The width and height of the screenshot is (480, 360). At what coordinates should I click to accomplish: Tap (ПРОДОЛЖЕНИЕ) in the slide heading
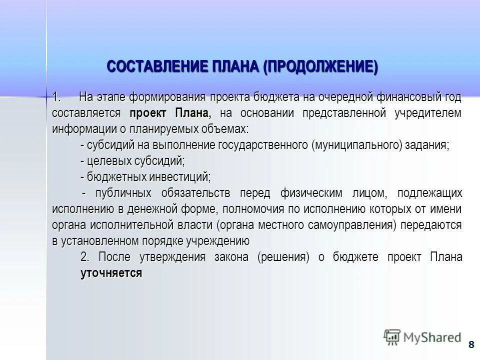click(x=321, y=66)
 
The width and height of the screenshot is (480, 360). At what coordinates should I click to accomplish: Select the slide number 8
click(x=471, y=344)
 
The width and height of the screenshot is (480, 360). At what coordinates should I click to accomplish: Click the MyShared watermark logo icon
click(x=392, y=336)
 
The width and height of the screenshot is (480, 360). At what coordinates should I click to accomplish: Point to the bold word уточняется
click(x=111, y=273)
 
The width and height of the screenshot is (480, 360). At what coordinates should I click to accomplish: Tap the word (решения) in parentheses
click(x=283, y=257)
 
